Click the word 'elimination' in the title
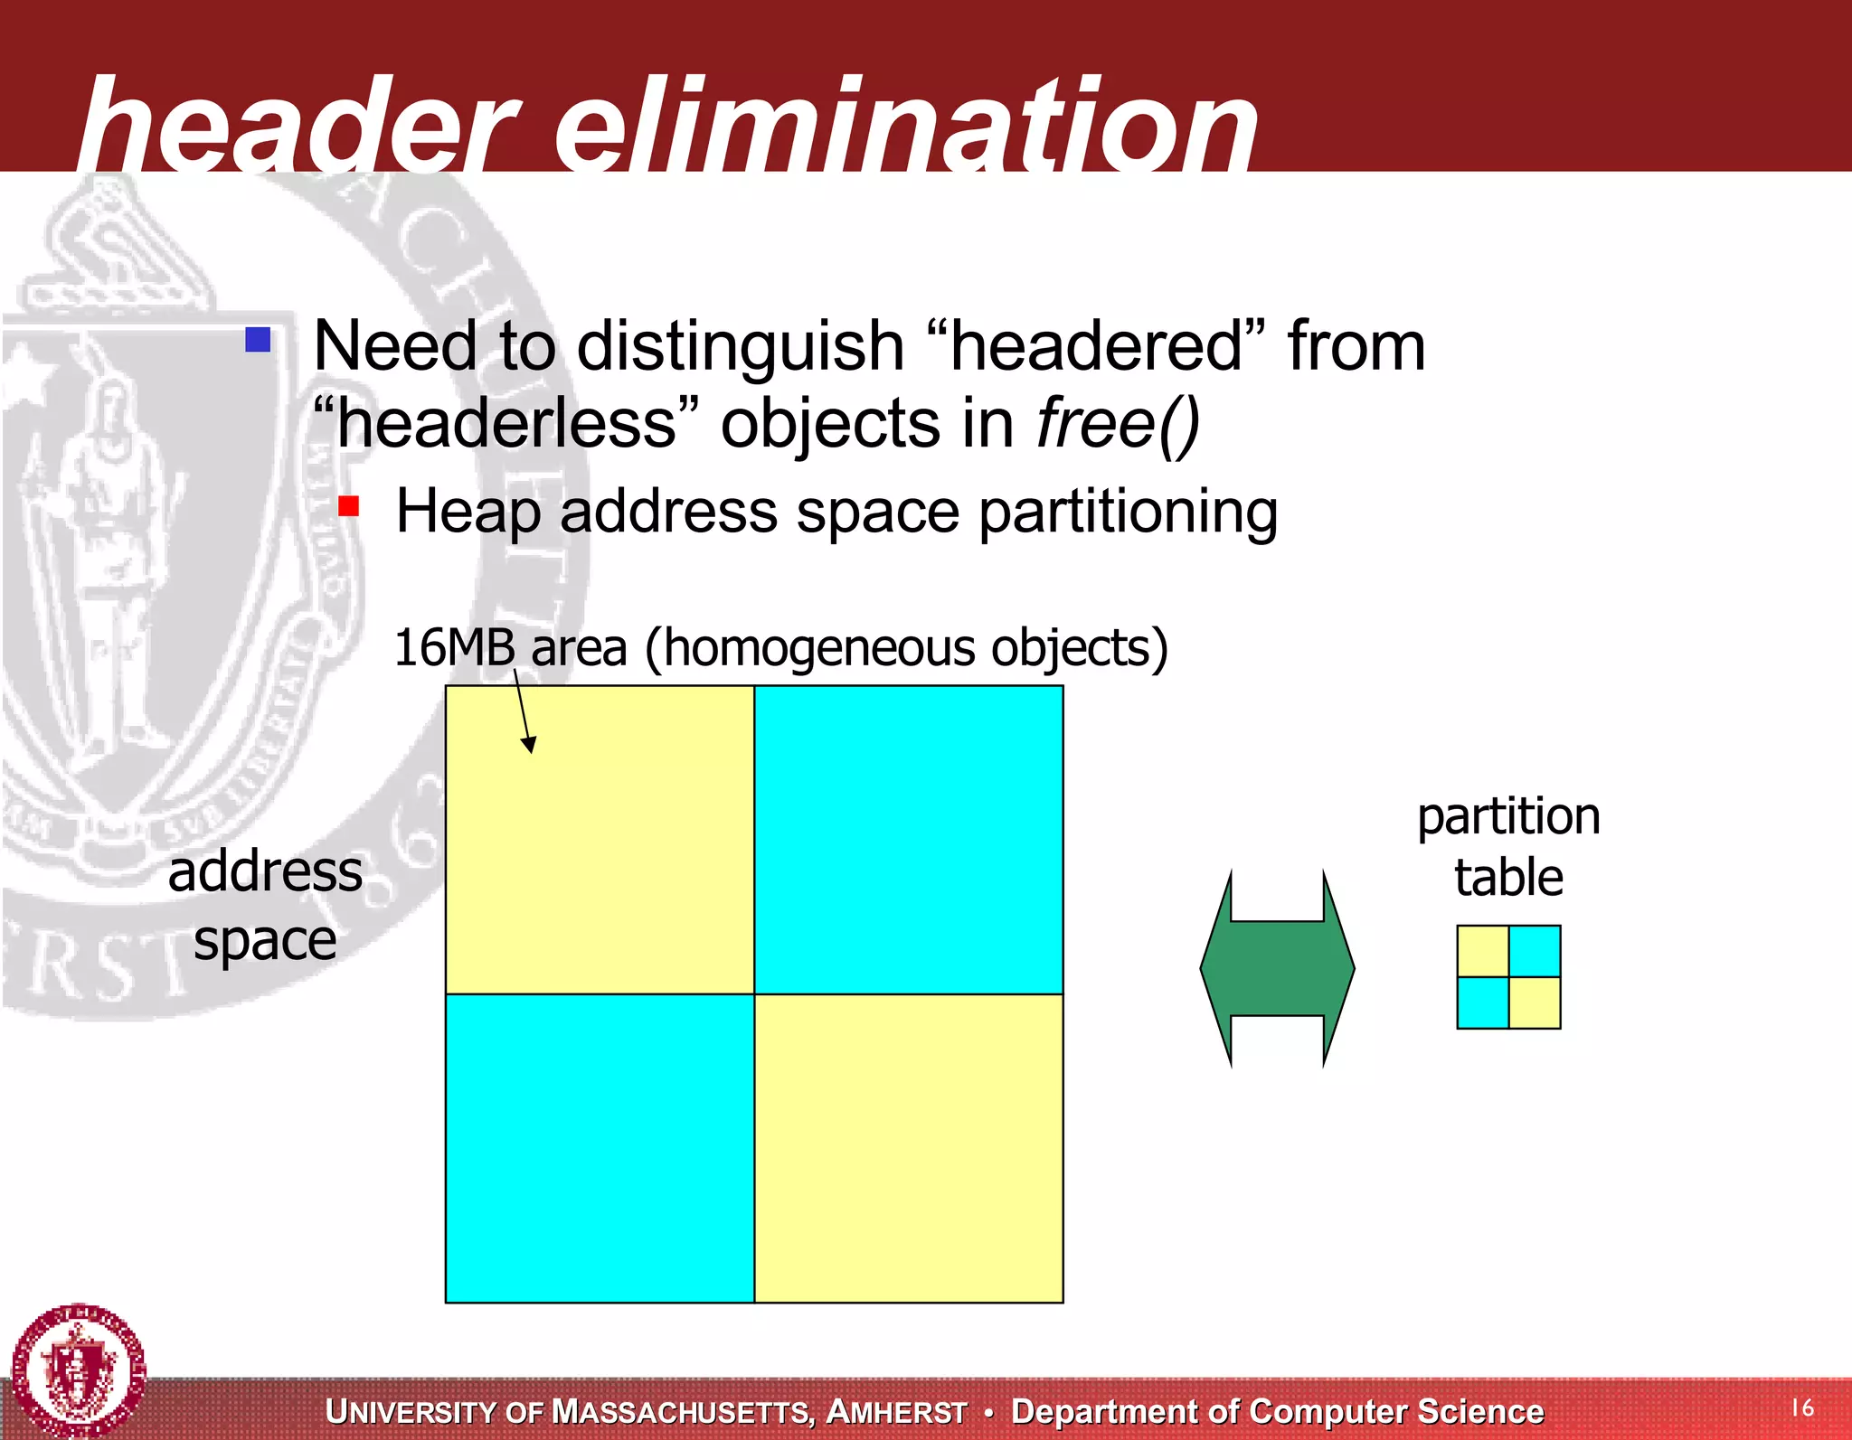coord(904,127)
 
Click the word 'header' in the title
coord(298,127)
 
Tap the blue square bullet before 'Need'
coord(259,340)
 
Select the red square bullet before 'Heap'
coord(349,506)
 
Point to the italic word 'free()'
coord(1118,424)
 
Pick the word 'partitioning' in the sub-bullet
coord(1128,513)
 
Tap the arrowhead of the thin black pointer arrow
coord(530,745)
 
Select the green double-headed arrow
coord(1277,968)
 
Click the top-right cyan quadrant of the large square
coord(909,840)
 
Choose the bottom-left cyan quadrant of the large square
coord(600,1148)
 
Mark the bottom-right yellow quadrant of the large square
coord(909,1148)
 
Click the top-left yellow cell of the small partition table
coord(1483,951)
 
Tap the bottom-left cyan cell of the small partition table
coord(1483,1002)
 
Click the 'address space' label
coord(265,906)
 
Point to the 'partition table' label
coord(1508,846)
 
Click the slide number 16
coord(1802,1407)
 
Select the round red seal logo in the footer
coord(80,1369)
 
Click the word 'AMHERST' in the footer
coord(897,1412)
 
